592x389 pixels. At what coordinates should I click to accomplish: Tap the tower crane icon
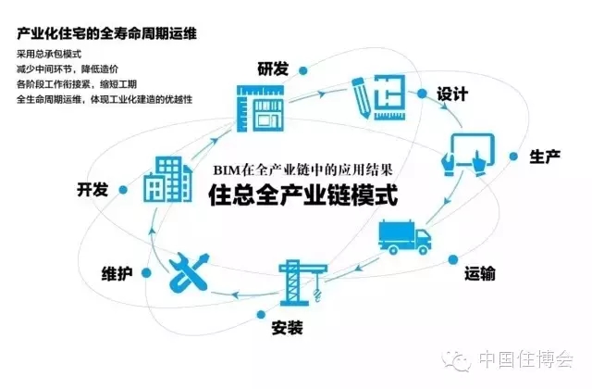tap(300, 282)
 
